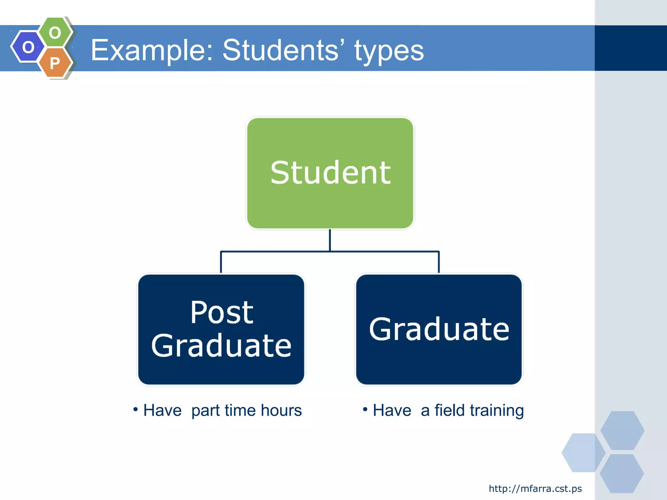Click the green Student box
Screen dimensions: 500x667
click(x=330, y=173)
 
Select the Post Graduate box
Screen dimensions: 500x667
click(x=221, y=329)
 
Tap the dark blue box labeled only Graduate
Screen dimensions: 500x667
click(x=439, y=329)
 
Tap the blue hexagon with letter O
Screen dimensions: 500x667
click(x=28, y=47)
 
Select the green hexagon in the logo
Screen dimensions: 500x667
click(x=55, y=32)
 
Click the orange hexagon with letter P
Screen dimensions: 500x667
click(x=55, y=62)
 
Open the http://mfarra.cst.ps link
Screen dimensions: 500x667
click(x=535, y=489)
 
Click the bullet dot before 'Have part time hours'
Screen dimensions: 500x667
click(x=135, y=409)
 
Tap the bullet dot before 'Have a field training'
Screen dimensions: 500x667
click(x=365, y=409)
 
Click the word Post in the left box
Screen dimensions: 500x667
click(x=222, y=312)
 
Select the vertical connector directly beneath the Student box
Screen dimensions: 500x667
click(x=330, y=240)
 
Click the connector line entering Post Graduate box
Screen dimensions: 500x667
click(x=221, y=262)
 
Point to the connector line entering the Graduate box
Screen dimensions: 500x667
click(x=439, y=262)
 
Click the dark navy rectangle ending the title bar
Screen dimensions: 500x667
click(x=631, y=48)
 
